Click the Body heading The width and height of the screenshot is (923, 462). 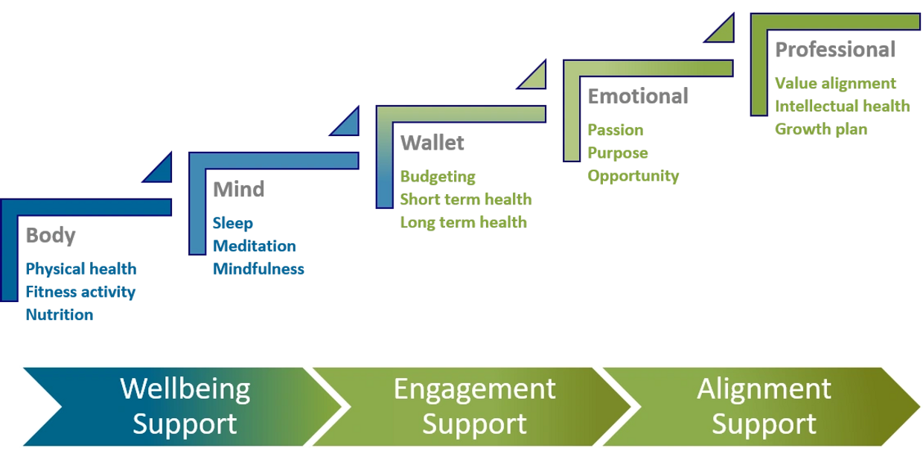(51, 236)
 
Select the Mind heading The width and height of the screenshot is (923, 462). (238, 189)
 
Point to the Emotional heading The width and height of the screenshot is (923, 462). (638, 96)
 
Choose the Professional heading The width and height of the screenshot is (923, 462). (834, 50)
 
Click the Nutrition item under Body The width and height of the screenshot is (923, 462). (60, 315)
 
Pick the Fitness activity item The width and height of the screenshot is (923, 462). (80, 292)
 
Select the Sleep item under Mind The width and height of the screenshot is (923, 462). (233, 223)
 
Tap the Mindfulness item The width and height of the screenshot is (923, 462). (259, 269)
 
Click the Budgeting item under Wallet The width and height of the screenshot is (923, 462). (438, 177)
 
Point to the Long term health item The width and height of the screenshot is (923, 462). (464, 222)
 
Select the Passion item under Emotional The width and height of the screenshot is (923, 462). (616, 130)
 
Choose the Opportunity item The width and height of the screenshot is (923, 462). (633, 176)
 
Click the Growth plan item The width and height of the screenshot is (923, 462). (821, 129)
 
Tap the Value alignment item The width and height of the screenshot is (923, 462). (835, 83)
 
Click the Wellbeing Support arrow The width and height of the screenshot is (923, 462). (179, 406)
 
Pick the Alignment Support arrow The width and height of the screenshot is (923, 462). (764, 406)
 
